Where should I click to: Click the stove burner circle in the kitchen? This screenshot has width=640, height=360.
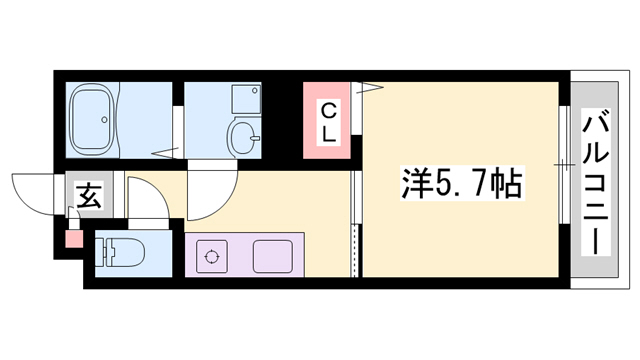(212, 256)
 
